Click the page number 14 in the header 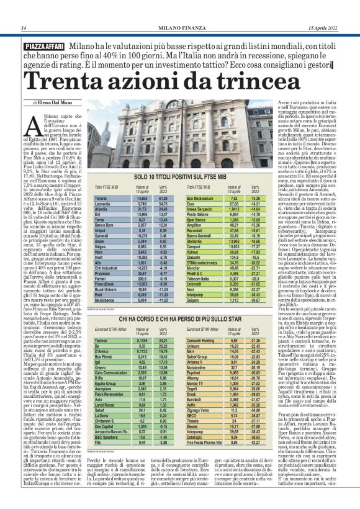[x=23, y=29]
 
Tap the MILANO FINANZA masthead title [x=180, y=29]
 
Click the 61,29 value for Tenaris [x=163, y=198]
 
